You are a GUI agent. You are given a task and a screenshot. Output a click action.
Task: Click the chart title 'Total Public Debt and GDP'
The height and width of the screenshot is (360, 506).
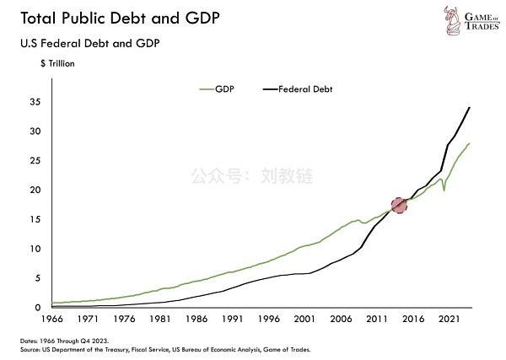[115, 19]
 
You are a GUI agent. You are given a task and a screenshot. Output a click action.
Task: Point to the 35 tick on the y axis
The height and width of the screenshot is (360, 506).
[35, 102]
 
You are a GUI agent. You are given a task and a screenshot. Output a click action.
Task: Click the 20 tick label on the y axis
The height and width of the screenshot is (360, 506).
[35, 190]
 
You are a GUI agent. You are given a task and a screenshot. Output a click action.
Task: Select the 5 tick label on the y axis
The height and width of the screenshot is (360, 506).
[37, 278]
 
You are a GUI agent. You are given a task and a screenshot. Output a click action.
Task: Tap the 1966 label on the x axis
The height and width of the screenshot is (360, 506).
[52, 320]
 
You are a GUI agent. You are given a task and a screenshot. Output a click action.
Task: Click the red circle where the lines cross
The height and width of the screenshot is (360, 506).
[399, 205]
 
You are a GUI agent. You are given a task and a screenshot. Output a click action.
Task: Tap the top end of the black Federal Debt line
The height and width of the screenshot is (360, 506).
[470, 107]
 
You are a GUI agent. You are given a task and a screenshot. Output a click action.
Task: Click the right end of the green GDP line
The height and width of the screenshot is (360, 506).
[470, 144]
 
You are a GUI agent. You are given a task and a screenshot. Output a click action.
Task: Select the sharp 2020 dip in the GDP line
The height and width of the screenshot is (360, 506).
[444, 191]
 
